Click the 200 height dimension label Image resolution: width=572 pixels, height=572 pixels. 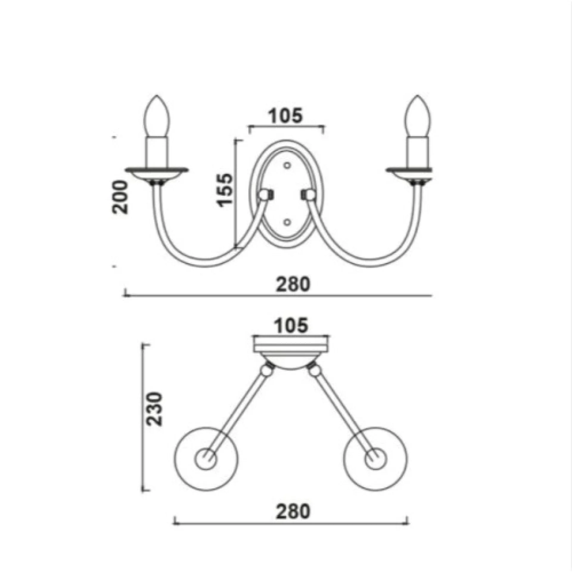[x=120, y=197]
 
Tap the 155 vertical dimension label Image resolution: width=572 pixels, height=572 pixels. [x=224, y=189]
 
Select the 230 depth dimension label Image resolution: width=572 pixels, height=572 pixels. [x=155, y=409]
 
